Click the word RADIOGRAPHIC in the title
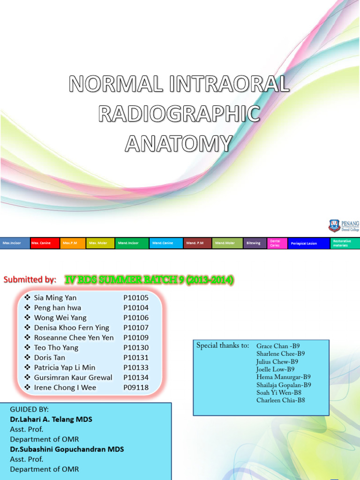180,114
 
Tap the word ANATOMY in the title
179,143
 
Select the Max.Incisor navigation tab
15,243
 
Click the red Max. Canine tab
45,243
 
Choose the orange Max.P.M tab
73,243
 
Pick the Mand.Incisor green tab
132,243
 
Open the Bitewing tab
254,243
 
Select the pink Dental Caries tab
276,243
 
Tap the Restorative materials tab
345,243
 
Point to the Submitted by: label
30,280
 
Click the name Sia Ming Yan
55,298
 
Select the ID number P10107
136,328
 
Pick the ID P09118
136,388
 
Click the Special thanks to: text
223,346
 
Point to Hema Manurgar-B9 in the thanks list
283,377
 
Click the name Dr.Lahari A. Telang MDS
51,420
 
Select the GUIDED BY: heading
29,409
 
